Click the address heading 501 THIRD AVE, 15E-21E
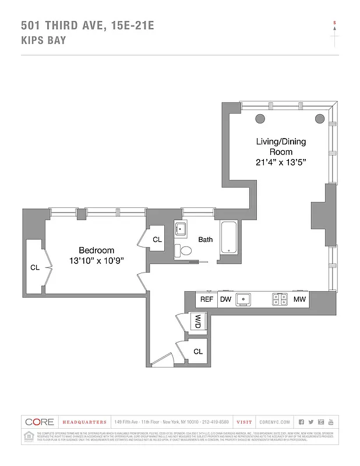pos(87,25)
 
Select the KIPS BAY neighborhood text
pos(44,40)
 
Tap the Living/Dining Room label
pos(281,147)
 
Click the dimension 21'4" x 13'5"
pos(281,163)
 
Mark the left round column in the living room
pos(260,119)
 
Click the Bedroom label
pos(97,250)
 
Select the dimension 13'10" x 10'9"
pos(97,260)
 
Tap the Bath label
pos(205,239)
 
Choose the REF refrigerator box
pos(206,299)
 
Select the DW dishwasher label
pos(225,299)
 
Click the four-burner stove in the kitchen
pos(280,299)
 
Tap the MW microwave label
pos(300,299)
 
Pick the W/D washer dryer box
pos(199,321)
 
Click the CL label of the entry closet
pos(198,351)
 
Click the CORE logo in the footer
pos(40,422)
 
